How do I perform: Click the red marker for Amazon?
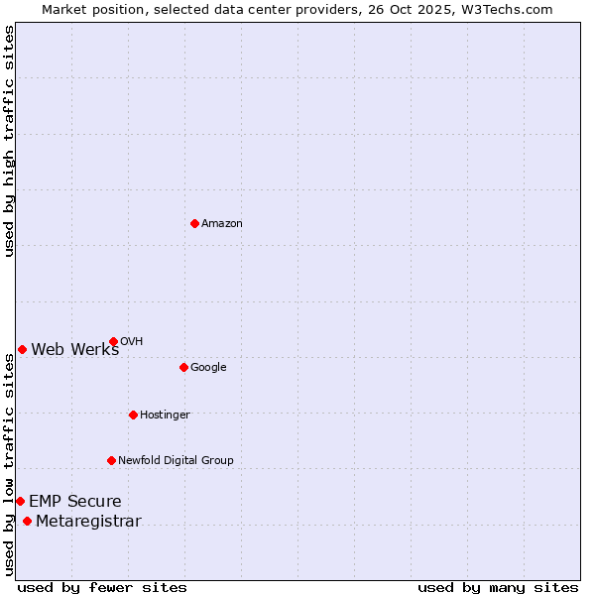click(194, 223)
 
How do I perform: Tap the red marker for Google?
click(183, 367)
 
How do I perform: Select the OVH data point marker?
click(113, 341)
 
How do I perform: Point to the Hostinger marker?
click(133, 415)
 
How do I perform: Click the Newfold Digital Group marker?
click(111, 460)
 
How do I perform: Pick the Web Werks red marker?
click(22, 349)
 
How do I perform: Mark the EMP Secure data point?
click(20, 501)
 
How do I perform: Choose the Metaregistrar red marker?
click(27, 522)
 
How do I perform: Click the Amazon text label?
click(222, 224)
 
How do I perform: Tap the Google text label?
click(208, 368)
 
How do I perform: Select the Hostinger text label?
click(165, 416)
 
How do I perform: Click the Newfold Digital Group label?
click(176, 461)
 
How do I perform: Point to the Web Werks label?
click(75, 349)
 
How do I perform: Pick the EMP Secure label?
click(75, 502)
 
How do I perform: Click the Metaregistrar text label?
click(88, 523)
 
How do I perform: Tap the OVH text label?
click(131, 342)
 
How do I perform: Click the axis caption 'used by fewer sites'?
click(102, 587)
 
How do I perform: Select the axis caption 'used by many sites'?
click(498, 587)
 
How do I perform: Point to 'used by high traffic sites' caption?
click(10, 141)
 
